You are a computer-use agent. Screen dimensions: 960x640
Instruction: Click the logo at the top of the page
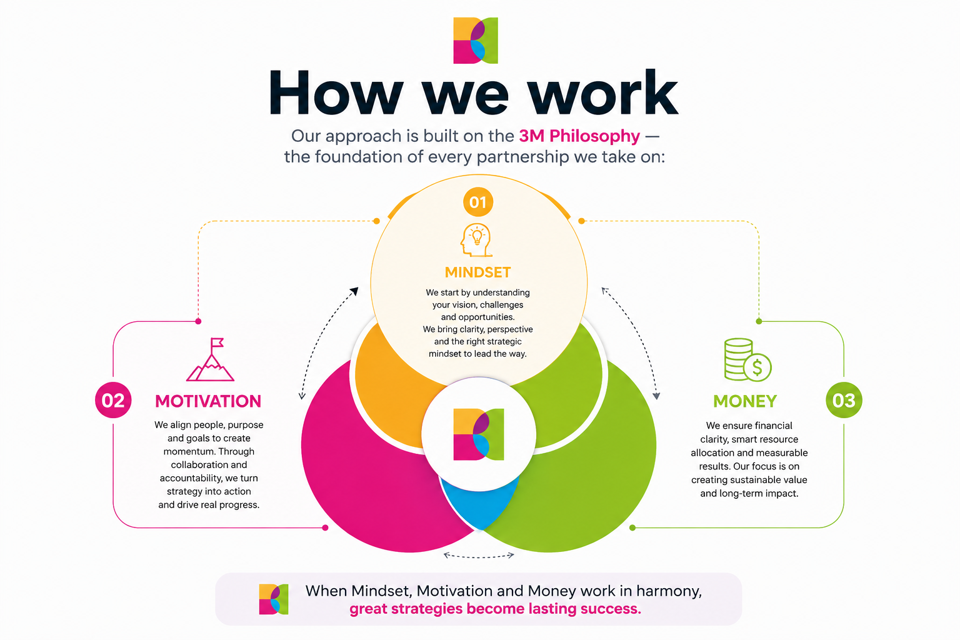(476, 40)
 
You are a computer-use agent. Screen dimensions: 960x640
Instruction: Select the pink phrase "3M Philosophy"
(579, 136)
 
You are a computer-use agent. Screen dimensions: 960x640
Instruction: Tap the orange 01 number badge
(478, 202)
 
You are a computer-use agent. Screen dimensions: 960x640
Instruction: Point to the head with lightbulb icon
(476, 240)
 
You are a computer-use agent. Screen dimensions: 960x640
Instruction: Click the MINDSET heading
(478, 272)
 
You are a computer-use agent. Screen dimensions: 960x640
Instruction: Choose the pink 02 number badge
(113, 400)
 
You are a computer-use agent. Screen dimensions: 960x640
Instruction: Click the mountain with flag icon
(211, 359)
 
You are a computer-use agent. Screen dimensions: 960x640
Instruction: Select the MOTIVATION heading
(208, 401)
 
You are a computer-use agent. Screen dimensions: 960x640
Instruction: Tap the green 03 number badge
(844, 400)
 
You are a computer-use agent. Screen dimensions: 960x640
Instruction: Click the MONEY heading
(745, 401)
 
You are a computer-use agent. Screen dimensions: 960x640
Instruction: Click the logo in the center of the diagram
(479, 434)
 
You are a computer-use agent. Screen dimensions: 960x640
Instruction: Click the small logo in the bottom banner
(273, 599)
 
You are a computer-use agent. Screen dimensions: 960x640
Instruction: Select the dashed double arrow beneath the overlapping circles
(479, 557)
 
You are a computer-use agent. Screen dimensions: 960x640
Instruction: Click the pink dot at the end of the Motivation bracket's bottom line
(325, 527)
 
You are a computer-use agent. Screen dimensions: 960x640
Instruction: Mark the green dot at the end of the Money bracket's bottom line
(632, 527)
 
